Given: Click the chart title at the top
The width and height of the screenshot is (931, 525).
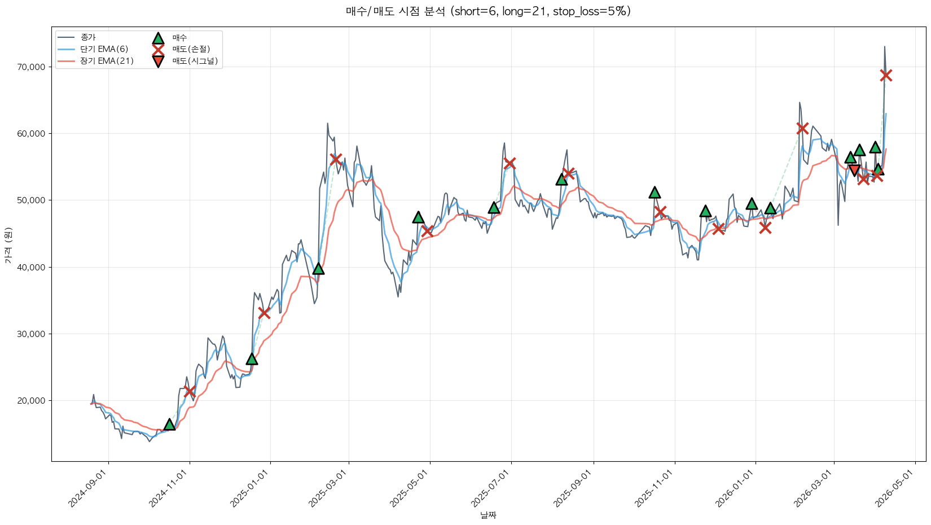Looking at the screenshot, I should (x=488, y=11).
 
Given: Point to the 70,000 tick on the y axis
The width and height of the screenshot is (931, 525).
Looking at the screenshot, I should (x=32, y=67).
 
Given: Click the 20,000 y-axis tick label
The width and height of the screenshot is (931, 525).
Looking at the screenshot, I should (x=32, y=401).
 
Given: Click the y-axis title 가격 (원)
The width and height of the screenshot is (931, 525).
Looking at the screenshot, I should (x=8, y=244).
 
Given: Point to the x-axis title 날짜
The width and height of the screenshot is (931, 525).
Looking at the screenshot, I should (x=488, y=515).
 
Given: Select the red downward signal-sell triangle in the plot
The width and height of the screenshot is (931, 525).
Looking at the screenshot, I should (x=854, y=170).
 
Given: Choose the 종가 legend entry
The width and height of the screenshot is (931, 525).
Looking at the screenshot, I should (x=88, y=37).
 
